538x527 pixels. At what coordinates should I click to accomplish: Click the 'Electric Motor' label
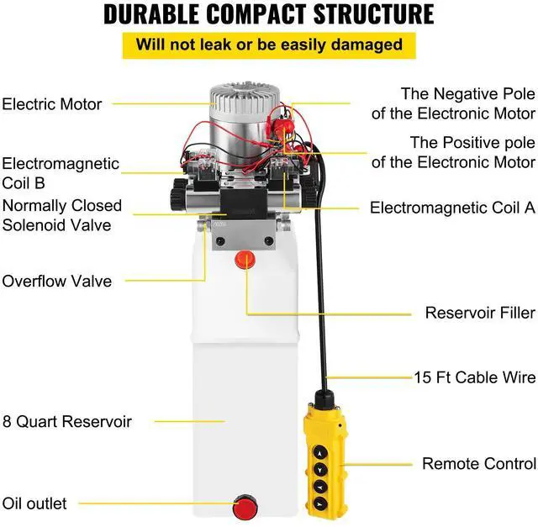51,104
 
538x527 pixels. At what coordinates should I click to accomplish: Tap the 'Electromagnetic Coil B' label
60,173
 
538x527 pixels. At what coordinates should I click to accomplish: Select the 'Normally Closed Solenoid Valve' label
61,215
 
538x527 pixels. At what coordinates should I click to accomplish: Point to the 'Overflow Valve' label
56,281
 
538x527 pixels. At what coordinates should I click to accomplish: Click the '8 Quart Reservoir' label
66,421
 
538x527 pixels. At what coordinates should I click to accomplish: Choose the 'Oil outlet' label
45,503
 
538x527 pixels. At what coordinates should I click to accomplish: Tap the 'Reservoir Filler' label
479,313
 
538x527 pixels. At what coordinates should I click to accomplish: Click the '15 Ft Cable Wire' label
474,377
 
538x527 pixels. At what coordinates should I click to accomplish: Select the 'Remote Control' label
478,463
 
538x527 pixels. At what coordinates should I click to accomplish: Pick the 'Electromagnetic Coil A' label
452,208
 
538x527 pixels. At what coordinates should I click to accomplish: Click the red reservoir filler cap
245,260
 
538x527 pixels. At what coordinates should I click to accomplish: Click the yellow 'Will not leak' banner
270,45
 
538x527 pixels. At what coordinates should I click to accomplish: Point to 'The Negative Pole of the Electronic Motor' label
467,103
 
